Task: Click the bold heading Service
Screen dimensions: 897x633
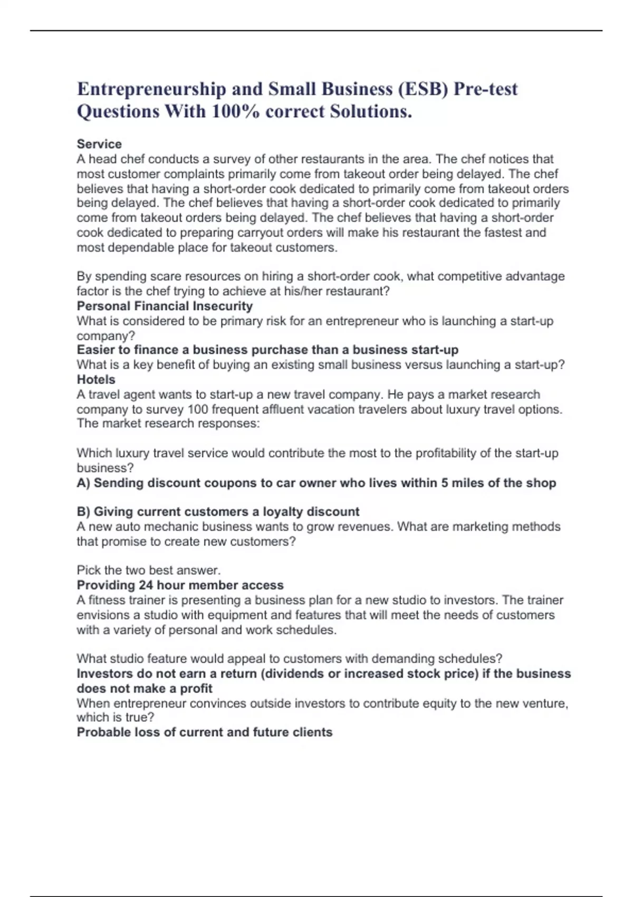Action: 99,144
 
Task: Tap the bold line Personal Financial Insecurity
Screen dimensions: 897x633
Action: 165,306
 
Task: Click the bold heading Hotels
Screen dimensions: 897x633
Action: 96,379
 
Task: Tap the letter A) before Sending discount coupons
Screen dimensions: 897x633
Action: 83,483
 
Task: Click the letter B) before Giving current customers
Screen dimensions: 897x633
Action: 83,512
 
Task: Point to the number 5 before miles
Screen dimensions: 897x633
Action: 445,483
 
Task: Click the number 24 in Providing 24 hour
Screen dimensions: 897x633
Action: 146,585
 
